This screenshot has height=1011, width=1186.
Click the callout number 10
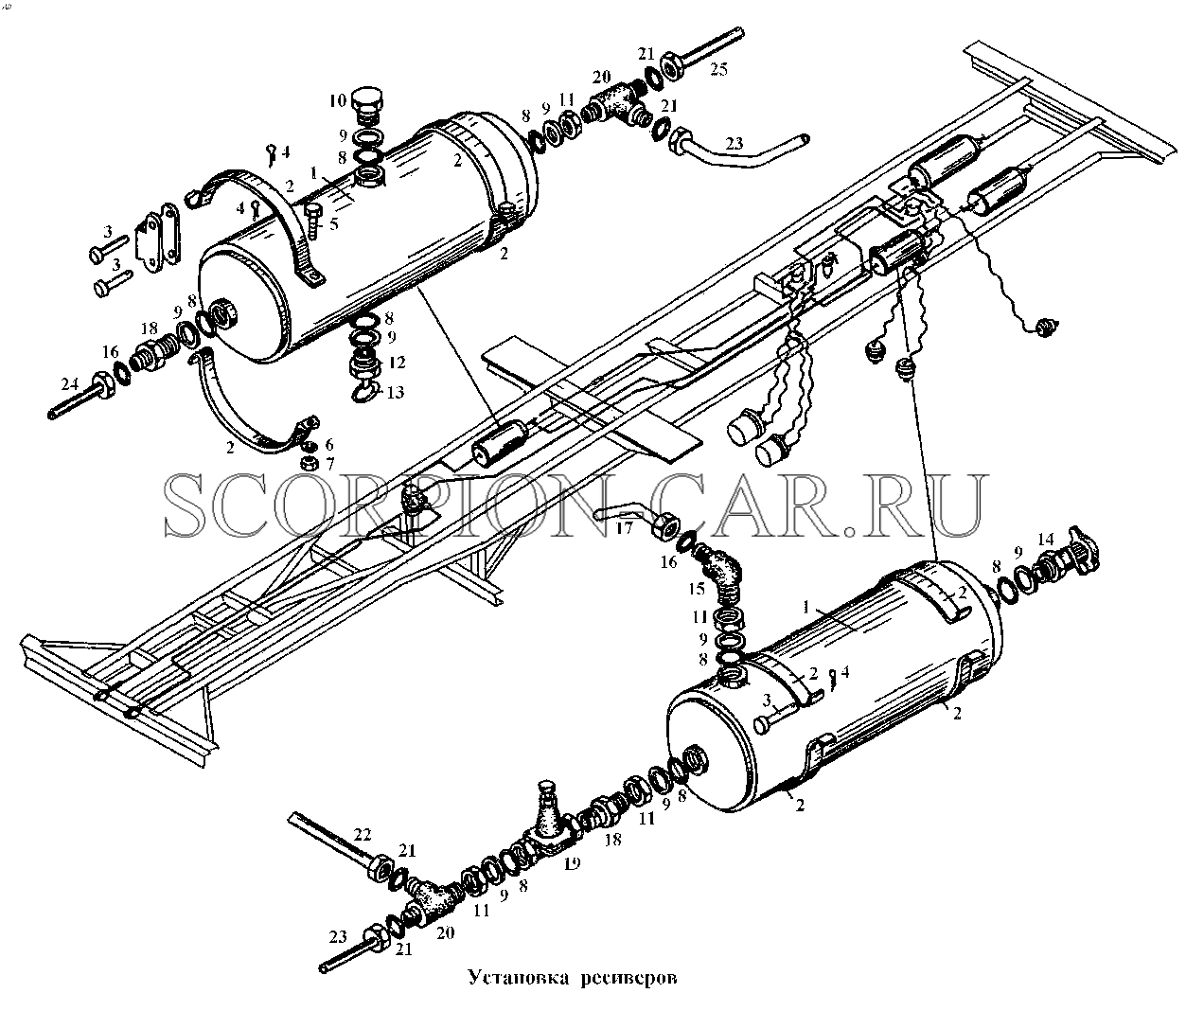tap(337, 101)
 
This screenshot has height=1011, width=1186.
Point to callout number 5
tap(334, 223)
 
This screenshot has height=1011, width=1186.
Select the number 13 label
tap(396, 393)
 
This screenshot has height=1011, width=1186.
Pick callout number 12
tap(397, 363)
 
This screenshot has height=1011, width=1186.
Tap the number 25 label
tap(718, 69)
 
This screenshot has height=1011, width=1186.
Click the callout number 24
tap(69, 383)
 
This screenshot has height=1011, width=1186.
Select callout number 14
tap(1045, 540)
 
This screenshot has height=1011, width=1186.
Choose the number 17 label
tap(625, 527)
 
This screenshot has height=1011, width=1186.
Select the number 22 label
tap(363, 834)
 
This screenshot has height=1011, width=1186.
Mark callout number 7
tap(329, 464)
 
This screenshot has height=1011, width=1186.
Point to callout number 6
tap(328, 445)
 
